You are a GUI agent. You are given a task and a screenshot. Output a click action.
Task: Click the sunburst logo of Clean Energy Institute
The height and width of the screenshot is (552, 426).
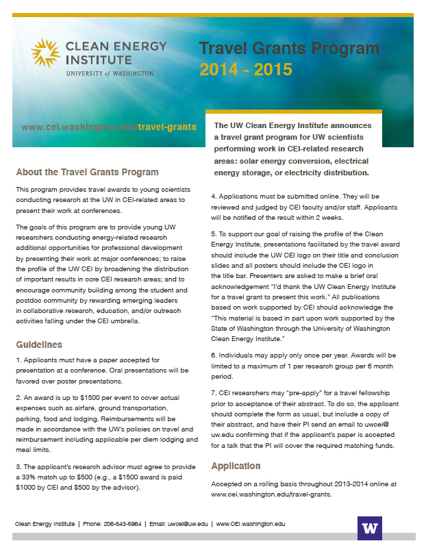click(45, 53)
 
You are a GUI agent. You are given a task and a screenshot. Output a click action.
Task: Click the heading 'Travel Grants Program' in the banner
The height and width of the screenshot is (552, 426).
click(289, 49)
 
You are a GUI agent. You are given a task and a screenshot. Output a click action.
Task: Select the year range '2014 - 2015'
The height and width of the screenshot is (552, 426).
click(246, 69)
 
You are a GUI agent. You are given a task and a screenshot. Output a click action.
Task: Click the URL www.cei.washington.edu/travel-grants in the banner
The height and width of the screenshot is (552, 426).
click(109, 127)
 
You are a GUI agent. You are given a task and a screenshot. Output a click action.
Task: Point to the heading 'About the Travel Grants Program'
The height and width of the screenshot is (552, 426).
click(87, 172)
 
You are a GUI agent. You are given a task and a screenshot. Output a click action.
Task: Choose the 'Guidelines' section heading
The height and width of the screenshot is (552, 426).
click(39, 344)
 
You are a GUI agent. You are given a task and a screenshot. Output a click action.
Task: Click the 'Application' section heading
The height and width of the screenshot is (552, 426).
click(236, 466)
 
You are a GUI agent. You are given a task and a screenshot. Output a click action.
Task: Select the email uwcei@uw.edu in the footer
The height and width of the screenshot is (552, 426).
click(187, 524)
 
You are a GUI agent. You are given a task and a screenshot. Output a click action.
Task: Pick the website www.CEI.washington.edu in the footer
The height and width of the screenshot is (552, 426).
click(250, 524)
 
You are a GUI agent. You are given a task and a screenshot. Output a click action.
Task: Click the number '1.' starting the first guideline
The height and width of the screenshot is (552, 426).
click(18, 360)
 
